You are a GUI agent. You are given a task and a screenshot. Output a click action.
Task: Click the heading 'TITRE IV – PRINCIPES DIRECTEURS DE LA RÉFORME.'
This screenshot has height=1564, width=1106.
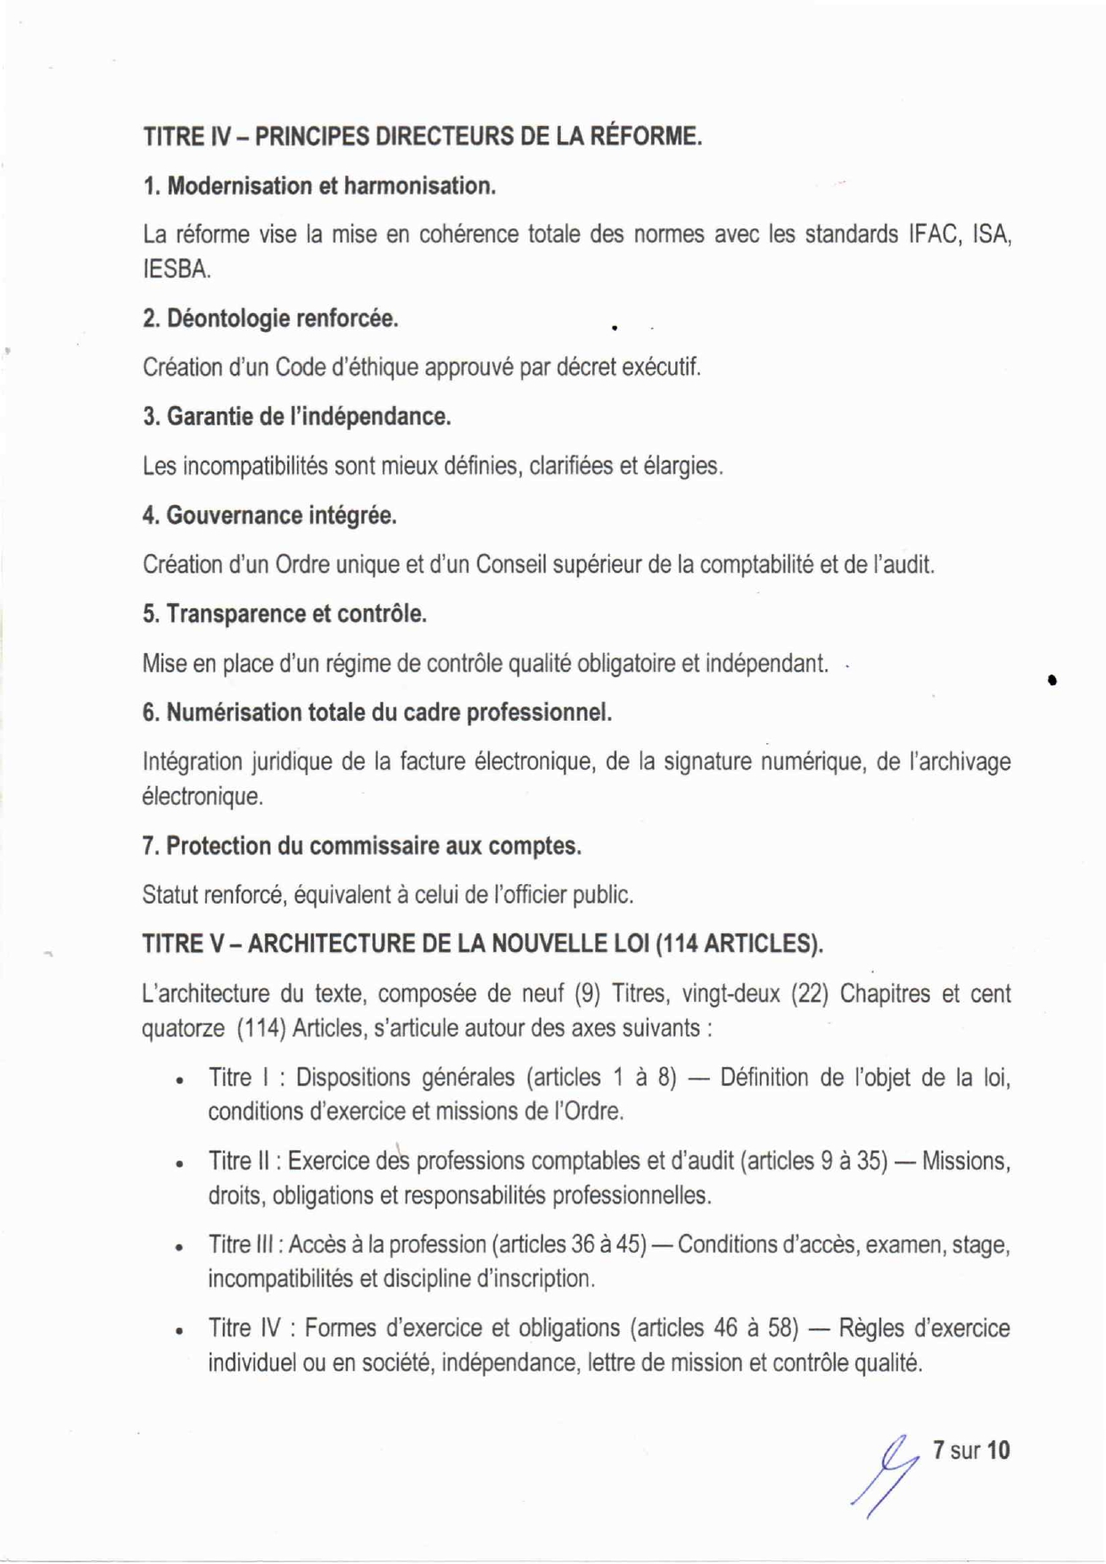pos(422,137)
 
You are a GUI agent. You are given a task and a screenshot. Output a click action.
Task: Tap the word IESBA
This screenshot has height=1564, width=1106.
pos(176,269)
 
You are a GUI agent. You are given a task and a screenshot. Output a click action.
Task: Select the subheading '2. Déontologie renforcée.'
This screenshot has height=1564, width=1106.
pos(270,319)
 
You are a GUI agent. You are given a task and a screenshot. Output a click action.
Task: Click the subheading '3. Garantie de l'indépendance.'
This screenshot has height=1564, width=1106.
pos(296,417)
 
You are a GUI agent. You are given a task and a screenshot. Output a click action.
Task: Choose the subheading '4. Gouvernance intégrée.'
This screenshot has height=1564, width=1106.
pos(269,516)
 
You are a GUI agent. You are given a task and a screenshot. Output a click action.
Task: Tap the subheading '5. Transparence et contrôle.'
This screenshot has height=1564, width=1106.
pos(284,615)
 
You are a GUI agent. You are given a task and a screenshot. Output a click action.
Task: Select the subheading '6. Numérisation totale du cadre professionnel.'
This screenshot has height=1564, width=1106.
pos(376,713)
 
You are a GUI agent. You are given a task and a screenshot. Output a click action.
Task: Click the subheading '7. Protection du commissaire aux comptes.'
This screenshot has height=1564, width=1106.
pos(361,846)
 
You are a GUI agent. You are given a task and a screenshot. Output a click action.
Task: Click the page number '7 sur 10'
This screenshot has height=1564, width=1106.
pos(971,1451)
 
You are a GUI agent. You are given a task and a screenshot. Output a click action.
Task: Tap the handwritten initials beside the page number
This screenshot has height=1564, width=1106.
pos(887,1472)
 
